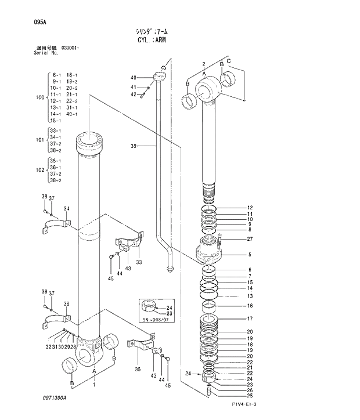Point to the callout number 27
[250, 239]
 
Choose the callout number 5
[250, 254]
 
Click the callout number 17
[250, 318]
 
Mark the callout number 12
[250, 208]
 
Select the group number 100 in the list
[39, 97]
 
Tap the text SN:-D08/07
[156, 320]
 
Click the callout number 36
[66, 304]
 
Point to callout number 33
[139, 262]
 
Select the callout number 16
[250, 306]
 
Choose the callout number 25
[250, 396]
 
